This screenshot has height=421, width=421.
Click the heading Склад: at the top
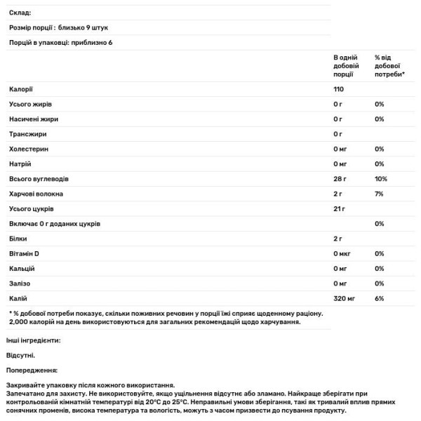click(x=20, y=13)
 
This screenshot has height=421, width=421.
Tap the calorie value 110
click(x=339, y=88)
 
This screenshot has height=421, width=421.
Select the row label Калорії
click(x=21, y=88)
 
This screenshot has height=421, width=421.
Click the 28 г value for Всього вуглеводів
click(x=340, y=179)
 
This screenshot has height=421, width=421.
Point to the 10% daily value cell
click(x=380, y=179)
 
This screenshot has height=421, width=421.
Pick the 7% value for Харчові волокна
click(x=378, y=194)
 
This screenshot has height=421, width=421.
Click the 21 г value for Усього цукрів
click(x=339, y=209)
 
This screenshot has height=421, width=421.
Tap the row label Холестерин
click(x=29, y=149)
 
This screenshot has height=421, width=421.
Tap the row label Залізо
click(x=21, y=284)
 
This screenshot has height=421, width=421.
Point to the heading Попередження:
click(x=31, y=370)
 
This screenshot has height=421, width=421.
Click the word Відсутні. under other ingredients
click(x=22, y=355)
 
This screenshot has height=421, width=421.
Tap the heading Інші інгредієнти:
click(x=33, y=340)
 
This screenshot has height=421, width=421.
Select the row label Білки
click(x=19, y=239)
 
